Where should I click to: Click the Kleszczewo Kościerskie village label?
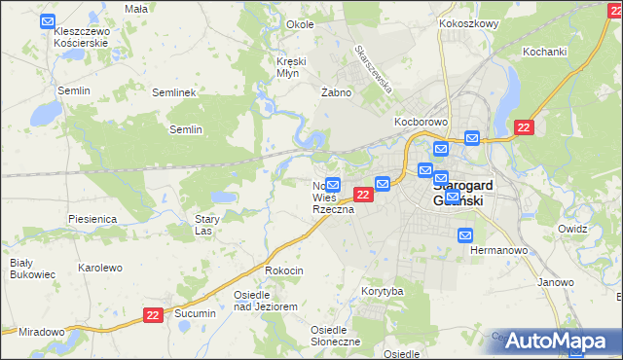[x=82, y=38]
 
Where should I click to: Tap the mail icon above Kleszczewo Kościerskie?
[x=48, y=19]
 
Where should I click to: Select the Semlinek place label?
[x=175, y=92]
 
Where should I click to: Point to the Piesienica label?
[x=92, y=219]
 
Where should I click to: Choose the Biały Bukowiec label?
[x=21, y=270]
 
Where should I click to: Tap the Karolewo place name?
[x=99, y=268]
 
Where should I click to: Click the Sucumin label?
[x=195, y=315]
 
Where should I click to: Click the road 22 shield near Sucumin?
[x=153, y=314]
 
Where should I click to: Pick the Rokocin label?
[x=284, y=270]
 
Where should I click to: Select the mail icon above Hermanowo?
[x=465, y=234]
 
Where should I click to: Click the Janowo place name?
[x=556, y=283]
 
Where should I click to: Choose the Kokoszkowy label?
[x=469, y=22]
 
